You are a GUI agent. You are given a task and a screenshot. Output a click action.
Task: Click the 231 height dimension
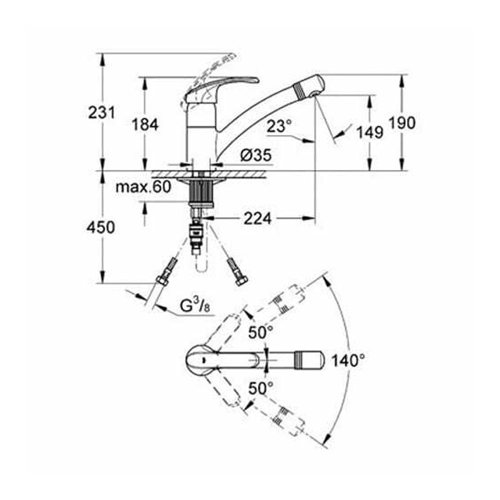click(x=101, y=113)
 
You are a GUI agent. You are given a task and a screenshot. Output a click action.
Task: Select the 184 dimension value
click(x=145, y=125)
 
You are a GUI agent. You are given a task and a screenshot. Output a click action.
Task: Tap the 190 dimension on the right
click(x=402, y=123)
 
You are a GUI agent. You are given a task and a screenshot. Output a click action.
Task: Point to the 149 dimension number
click(x=369, y=132)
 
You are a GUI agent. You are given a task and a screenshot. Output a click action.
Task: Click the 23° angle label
click(x=279, y=126)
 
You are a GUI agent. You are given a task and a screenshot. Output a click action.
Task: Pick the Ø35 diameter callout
click(x=256, y=155)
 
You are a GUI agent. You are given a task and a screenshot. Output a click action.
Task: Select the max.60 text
click(x=143, y=187)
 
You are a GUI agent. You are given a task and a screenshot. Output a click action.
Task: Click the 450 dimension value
click(x=101, y=228)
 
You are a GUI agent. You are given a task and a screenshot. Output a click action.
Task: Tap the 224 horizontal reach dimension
click(x=258, y=219)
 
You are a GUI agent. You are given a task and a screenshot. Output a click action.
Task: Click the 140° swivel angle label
click(x=349, y=361)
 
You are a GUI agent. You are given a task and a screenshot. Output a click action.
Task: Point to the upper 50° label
click(x=261, y=333)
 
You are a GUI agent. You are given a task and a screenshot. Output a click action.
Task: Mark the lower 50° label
click(x=261, y=388)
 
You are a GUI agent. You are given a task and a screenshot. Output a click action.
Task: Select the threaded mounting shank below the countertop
click(x=201, y=192)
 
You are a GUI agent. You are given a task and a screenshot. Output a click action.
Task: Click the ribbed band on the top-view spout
click(x=301, y=360)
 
